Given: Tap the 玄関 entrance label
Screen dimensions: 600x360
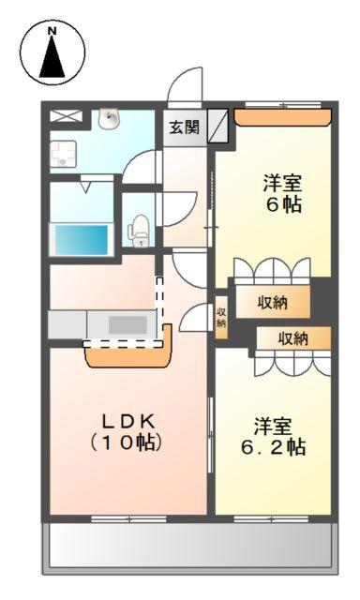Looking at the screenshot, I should (184, 126).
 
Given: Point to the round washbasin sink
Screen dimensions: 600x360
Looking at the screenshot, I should (110, 119).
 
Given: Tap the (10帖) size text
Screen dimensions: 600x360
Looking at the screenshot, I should (127, 441).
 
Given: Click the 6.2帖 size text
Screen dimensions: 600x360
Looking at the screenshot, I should (272, 447).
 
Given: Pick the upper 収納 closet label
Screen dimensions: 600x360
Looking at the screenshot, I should (273, 302).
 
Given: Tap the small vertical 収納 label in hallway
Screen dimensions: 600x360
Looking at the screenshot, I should (221, 317).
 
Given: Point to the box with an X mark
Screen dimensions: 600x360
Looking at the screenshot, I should (66, 117).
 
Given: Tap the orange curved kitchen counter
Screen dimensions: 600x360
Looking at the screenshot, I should (128, 353).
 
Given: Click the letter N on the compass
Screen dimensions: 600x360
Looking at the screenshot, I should (52, 31).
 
